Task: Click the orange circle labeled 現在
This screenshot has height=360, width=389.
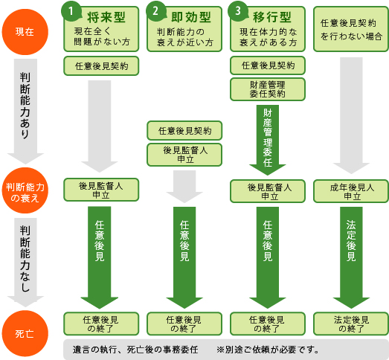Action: pos(25,32)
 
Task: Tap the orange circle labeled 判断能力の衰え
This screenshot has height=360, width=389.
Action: pos(25,190)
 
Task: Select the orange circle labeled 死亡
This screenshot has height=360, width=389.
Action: pos(25,333)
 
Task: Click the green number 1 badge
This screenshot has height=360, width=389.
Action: pos(71,11)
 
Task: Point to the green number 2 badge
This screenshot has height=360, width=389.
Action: pos(155,11)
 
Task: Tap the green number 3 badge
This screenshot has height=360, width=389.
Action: pos(238,11)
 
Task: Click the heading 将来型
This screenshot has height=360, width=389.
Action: pos(106,17)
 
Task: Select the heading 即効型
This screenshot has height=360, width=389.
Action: pos(191,17)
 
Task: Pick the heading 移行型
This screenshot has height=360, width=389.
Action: pos(272,17)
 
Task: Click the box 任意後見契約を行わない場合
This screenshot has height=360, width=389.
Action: pos(351,29)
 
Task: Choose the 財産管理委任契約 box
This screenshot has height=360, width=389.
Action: pos(268,89)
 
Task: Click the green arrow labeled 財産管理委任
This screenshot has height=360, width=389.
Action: pos(268,140)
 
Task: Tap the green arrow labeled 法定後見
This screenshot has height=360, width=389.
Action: pos(351,257)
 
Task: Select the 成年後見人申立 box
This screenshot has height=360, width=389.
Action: pos(351,191)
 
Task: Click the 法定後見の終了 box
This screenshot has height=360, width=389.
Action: pos(351,324)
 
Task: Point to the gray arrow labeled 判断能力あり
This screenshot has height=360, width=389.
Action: pos(25,111)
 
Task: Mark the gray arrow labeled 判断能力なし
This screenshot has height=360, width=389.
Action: pos(25,263)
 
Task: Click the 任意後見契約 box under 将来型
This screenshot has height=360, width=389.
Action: pos(101,66)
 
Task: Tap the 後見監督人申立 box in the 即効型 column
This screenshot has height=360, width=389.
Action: pos(184,155)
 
